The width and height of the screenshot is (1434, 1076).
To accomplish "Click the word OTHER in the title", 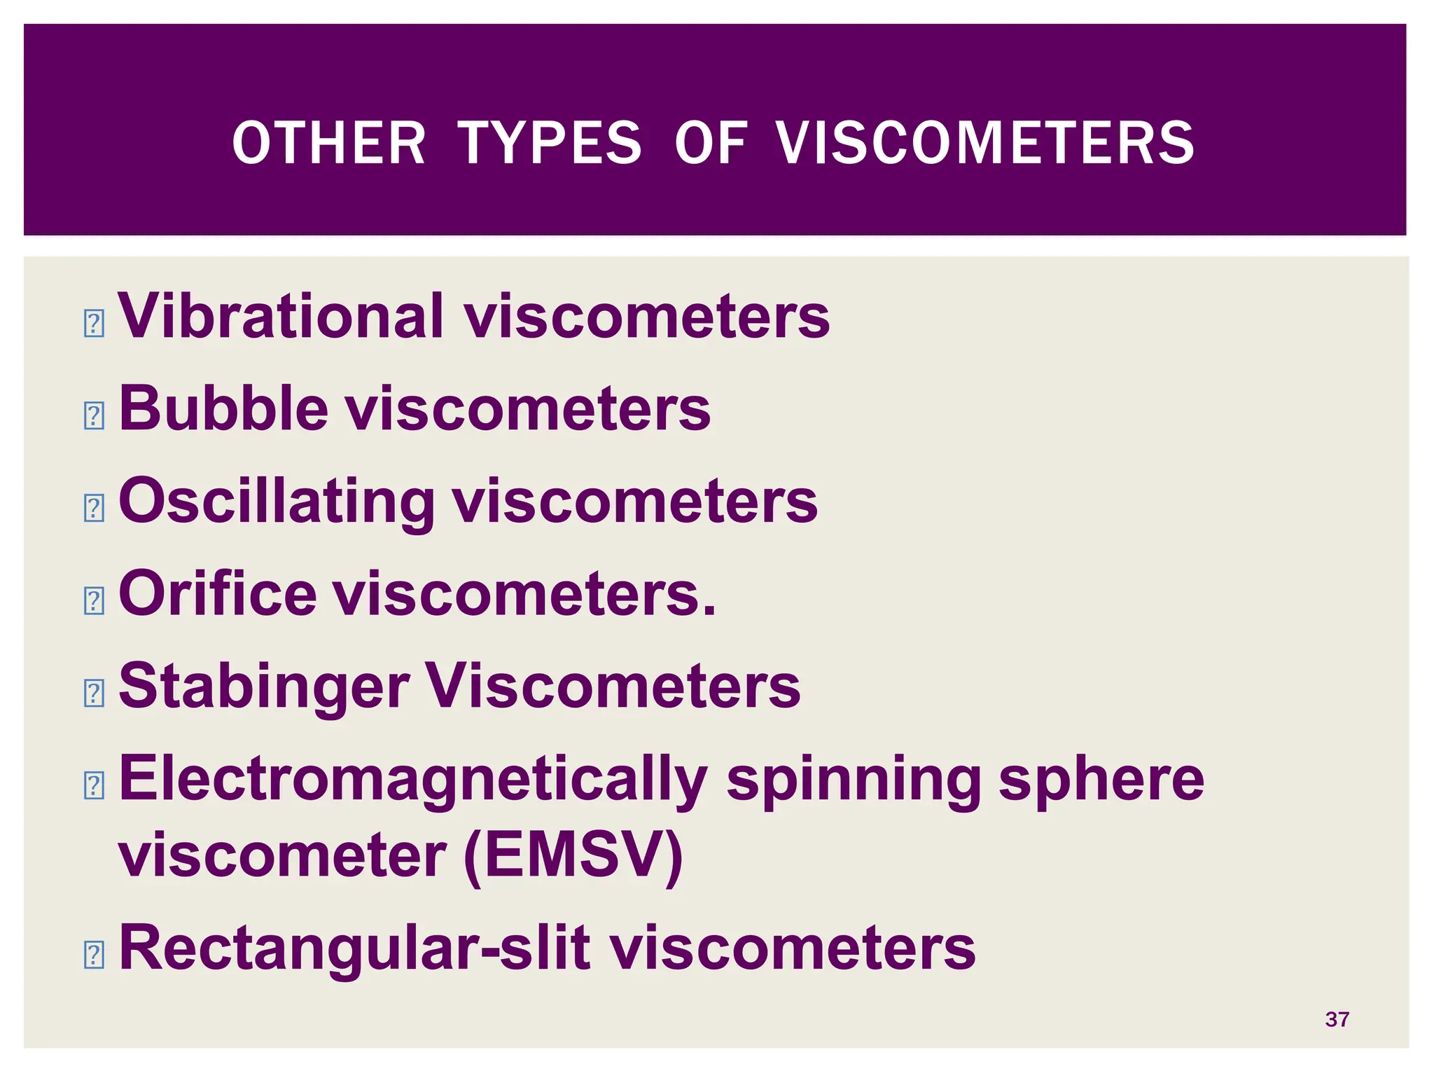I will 328,143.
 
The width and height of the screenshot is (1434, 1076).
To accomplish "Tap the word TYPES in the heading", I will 550,143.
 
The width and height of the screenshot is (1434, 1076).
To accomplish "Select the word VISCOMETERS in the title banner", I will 986,143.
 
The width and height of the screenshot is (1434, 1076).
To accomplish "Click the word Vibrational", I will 281,316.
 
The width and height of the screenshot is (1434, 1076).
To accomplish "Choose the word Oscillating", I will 277,502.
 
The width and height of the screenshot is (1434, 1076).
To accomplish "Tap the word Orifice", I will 218,593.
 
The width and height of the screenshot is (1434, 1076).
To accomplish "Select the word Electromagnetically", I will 413,780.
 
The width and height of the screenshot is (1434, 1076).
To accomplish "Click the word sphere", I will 1101,780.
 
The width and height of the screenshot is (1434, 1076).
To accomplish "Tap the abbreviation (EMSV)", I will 573,856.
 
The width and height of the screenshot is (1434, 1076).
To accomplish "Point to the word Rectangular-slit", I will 354,948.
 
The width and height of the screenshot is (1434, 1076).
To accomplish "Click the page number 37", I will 1337,1019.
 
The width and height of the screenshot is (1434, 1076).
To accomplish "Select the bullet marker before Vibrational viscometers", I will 94,324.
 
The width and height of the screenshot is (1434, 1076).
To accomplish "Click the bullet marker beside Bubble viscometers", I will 94,416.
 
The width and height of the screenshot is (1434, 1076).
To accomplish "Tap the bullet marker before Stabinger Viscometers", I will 94,694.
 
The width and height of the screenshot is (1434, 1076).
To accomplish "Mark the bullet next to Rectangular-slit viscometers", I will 94,955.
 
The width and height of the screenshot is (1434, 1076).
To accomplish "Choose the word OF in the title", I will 711,143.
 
